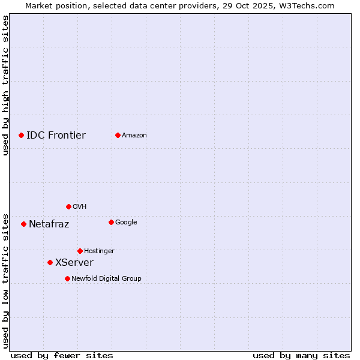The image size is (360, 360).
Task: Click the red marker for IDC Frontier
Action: [21, 135]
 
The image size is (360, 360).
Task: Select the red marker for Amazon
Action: [118, 135]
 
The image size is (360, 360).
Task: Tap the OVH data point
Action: [68, 206]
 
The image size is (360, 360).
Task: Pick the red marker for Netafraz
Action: [23, 224]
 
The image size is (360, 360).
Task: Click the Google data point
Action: [111, 222]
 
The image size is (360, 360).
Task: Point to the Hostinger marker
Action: [80, 251]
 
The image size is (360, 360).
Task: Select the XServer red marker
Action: [50, 262]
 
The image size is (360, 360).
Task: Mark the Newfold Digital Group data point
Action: [67, 278]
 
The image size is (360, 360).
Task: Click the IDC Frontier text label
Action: [56, 135]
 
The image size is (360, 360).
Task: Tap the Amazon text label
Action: [134, 135]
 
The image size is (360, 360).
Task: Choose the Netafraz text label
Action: [49, 224]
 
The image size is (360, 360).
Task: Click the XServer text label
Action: [74, 262]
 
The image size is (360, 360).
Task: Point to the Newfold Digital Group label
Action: [106, 278]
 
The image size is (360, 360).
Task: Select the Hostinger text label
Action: [99, 251]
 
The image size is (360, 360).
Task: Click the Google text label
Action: [126, 222]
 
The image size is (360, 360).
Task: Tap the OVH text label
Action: [79, 206]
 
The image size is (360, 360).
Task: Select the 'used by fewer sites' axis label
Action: [62, 355]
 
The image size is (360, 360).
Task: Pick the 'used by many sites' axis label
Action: [301, 355]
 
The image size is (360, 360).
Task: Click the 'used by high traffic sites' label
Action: [6, 85]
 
